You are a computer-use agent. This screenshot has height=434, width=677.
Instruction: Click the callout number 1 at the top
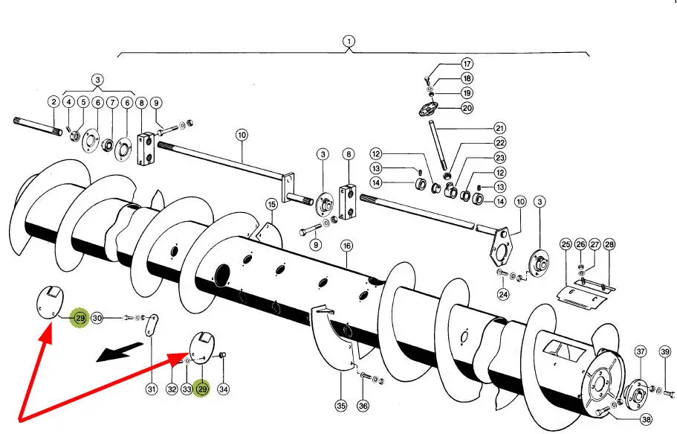point(350,41)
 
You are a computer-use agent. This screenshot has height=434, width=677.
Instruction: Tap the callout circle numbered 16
point(346,246)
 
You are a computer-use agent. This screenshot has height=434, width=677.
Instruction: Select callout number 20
point(467,108)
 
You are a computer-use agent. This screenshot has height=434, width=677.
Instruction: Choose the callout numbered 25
point(566,244)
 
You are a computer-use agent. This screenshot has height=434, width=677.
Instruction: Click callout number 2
point(54,102)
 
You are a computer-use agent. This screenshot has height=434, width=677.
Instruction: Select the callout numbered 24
point(504,294)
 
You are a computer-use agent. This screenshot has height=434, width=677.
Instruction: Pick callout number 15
point(271,204)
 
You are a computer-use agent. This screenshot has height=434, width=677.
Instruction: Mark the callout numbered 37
point(640,351)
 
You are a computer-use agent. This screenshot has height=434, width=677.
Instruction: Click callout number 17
point(467,64)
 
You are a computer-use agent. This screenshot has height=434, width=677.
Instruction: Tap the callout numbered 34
point(224,388)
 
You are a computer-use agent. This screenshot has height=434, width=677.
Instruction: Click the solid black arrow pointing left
point(122,352)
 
